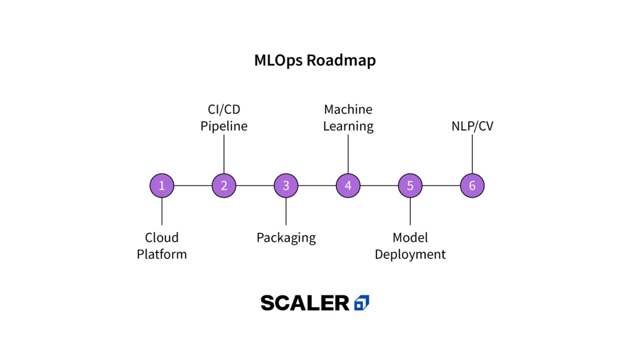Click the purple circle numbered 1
click(162, 185)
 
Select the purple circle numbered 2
click(224, 185)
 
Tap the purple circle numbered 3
click(286, 185)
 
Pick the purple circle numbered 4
click(348, 185)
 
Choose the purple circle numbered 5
click(410, 185)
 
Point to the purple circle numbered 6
click(472, 185)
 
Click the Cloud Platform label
click(162, 246)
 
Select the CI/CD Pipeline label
click(224, 118)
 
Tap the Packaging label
click(286, 238)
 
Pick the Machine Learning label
click(348, 118)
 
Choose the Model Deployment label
click(410, 246)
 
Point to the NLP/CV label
click(472, 126)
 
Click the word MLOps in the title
click(278, 60)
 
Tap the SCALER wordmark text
click(305, 303)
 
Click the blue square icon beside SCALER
click(362, 303)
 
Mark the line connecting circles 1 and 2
click(193, 185)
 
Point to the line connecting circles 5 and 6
click(441, 185)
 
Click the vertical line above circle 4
click(348, 154)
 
